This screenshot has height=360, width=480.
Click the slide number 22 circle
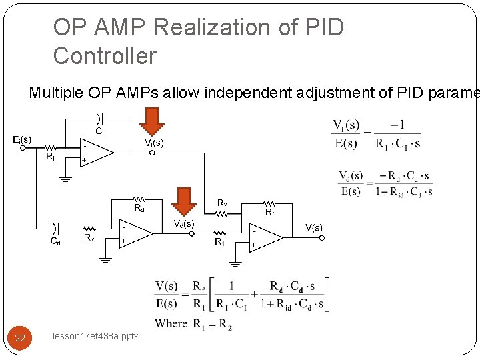(20, 338)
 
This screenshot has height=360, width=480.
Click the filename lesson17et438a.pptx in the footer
(95, 336)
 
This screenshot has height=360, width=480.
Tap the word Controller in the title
(105, 55)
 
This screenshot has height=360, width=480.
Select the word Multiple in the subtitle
(55, 93)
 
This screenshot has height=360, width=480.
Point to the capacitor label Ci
(99, 131)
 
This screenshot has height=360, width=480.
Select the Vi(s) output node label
(154, 143)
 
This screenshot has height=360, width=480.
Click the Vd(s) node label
(184, 223)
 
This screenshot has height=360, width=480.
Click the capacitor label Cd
(56, 241)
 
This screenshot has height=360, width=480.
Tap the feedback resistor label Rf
(269, 212)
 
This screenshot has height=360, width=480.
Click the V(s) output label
(314, 227)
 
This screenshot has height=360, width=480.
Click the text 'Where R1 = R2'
(194, 324)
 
